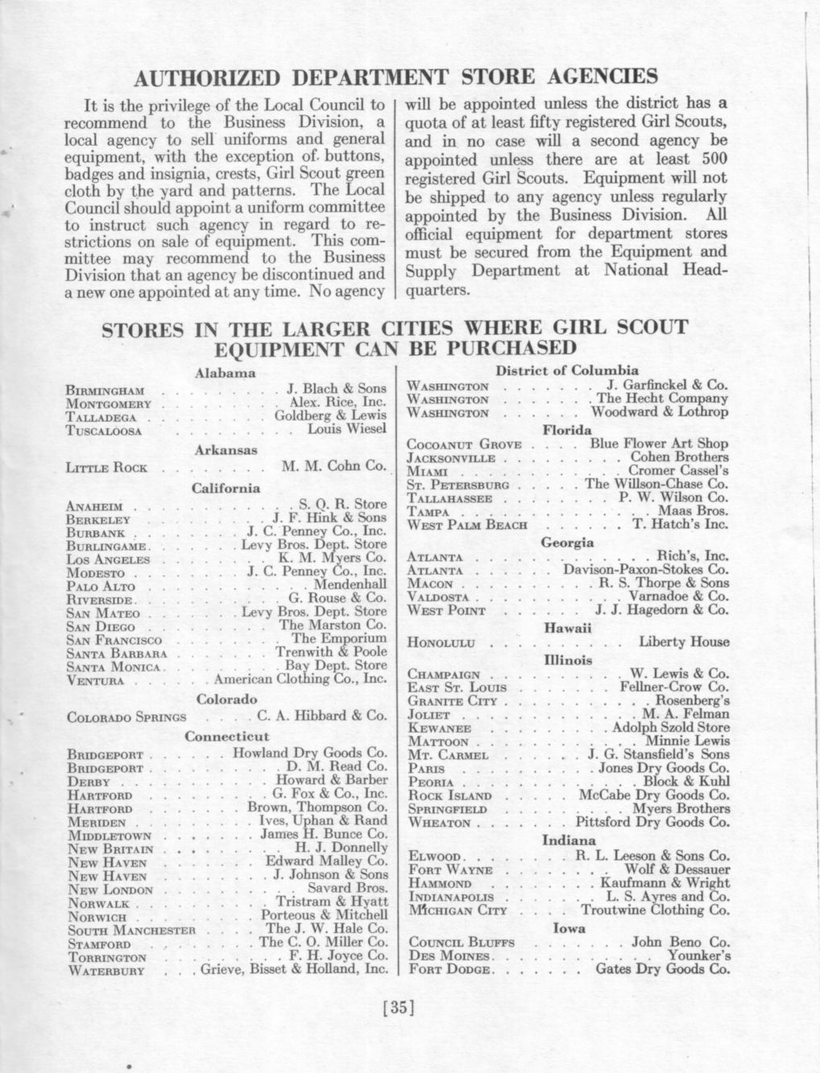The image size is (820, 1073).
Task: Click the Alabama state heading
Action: (x=226, y=373)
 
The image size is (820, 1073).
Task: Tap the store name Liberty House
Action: (x=685, y=642)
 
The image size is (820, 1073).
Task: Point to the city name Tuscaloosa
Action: (x=104, y=431)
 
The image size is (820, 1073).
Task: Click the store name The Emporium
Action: (x=345, y=638)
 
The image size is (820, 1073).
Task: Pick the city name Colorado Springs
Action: (x=126, y=717)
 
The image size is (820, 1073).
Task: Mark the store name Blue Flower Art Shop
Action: (x=660, y=444)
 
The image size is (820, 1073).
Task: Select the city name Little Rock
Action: (x=106, y=468)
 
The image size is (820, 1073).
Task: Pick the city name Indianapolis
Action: (x=451, y=897)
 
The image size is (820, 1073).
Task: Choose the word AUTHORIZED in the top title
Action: (x=205, y=77)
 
